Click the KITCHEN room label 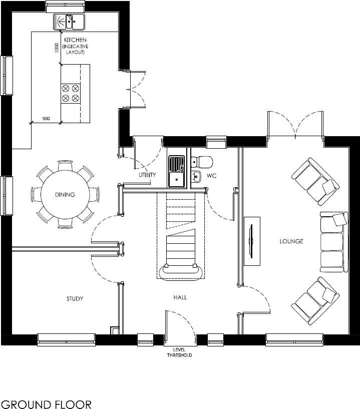[x=75, y=40]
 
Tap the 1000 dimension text [x=57, y=48]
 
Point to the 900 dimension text [x=46, y=119]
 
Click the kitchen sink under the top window [x=70, y=22]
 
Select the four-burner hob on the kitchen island [x=70, y=93]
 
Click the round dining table [x=65, y=195]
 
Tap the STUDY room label [x=75, y=299]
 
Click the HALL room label [x=180, y=297]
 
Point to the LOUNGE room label [x=291, y=241]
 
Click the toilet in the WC [x=203, y=162]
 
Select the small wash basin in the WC [x=196, y=176]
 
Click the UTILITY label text [x=148, y=175]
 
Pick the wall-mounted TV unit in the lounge [x=251, y=241]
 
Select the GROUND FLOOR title [x=46, y=403]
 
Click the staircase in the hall [x=180, y=235]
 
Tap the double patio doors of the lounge [x=295, y=125]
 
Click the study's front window [x=66, y=339]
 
